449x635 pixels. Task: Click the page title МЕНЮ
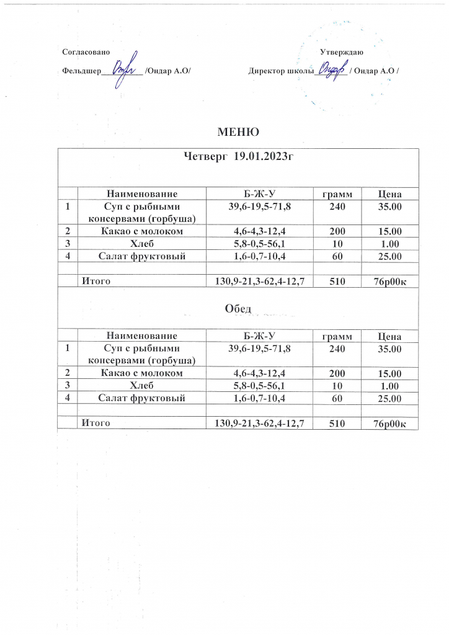tap(238, 131)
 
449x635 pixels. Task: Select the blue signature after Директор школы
tap(331, 69)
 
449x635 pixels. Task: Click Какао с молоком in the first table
tap(142, 232)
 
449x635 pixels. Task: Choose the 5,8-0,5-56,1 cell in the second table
tap(259, 386)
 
